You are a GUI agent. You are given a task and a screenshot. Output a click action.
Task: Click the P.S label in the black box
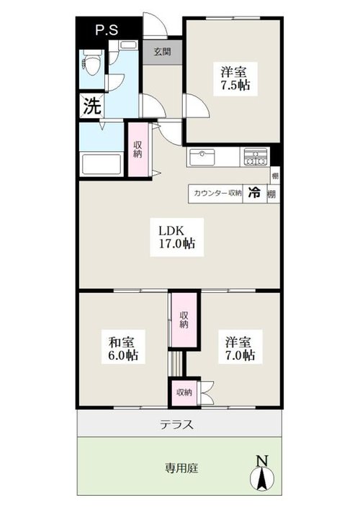point(107,30)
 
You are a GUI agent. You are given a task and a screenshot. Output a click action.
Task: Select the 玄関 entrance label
point(163,52)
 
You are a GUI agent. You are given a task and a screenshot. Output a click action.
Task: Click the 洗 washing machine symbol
point(92,106)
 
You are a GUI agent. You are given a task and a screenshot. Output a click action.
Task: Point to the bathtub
point(102,165)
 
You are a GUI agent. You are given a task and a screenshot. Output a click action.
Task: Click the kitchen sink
point(202,157)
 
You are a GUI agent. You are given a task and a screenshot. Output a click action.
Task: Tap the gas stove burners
point(256,157)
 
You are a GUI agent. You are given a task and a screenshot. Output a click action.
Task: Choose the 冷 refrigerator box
point(255,194)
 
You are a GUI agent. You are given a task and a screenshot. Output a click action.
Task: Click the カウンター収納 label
point(217,194)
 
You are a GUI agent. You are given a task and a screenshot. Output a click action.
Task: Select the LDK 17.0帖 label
point(176,237)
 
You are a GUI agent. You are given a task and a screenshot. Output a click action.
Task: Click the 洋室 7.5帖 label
point(235,78)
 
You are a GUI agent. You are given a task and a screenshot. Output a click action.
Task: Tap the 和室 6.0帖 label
point(123,349)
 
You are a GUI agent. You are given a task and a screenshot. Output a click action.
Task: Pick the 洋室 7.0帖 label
point(240,349)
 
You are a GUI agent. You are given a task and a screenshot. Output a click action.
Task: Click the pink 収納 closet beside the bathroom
point(138,150)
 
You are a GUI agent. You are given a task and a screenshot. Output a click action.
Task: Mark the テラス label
point(176,424)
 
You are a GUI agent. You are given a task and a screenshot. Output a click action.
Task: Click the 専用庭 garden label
point(181,468)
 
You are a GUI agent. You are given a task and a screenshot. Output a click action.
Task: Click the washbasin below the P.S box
point(127,45)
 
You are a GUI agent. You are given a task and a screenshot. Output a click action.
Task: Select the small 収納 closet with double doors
point(184,393)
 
